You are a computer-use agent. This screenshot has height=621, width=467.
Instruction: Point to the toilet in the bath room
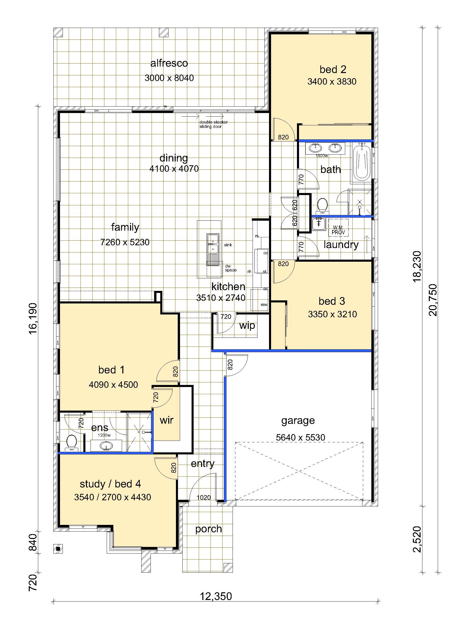click(322, 206)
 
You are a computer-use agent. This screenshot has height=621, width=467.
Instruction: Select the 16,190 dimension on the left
click(33, 318)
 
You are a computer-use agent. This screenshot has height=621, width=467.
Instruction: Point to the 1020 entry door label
click(203, 497)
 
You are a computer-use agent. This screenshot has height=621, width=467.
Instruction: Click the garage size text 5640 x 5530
click(300, 437)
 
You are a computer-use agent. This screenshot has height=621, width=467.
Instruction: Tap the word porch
click(208, 529)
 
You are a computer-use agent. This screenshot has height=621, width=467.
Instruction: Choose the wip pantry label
click(247, 326)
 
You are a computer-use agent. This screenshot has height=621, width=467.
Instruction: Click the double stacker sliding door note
click(214, 124)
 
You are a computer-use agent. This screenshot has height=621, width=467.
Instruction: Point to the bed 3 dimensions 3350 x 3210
click(332, 314)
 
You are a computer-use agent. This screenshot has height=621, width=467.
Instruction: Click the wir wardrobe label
click(166, 420)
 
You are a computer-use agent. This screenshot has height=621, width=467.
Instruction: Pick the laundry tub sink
click(319, 224)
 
